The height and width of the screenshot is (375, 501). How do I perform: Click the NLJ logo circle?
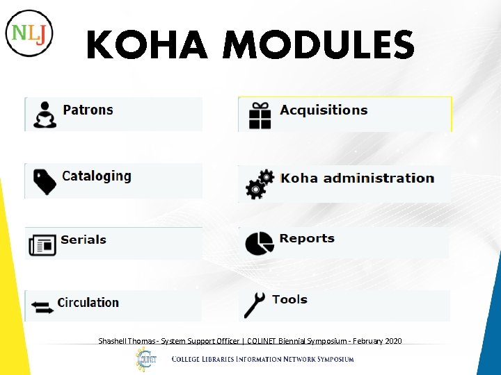click(x=29, y=33)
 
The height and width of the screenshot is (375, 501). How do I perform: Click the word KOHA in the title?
click(x=147, y=46)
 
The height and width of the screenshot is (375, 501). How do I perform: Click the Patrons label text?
click(x=88, y=110)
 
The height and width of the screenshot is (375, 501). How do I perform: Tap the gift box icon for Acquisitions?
click(x=260, y=115)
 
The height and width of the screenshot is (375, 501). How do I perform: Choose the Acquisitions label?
click(x=324, y=110)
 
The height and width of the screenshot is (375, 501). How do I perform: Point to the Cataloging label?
click(x=96, y=176)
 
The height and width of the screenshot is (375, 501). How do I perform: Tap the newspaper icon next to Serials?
click(x=42, y=244)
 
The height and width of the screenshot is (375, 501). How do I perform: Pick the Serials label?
click(x=83, y=240)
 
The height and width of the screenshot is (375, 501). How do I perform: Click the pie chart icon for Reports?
click(x=259, y=242)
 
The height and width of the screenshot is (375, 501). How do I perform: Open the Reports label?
click(x=307, y=238)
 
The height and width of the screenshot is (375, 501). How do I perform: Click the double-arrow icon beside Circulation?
click(x=42, y=306)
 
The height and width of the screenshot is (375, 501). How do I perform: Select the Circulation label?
click(x=88, y=302)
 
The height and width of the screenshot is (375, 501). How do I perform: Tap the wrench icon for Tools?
click(x=255, y=305)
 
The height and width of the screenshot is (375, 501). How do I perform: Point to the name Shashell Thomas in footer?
click(x=127, y=341)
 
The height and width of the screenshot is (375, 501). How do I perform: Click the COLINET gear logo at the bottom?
click(x=146, y=359)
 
